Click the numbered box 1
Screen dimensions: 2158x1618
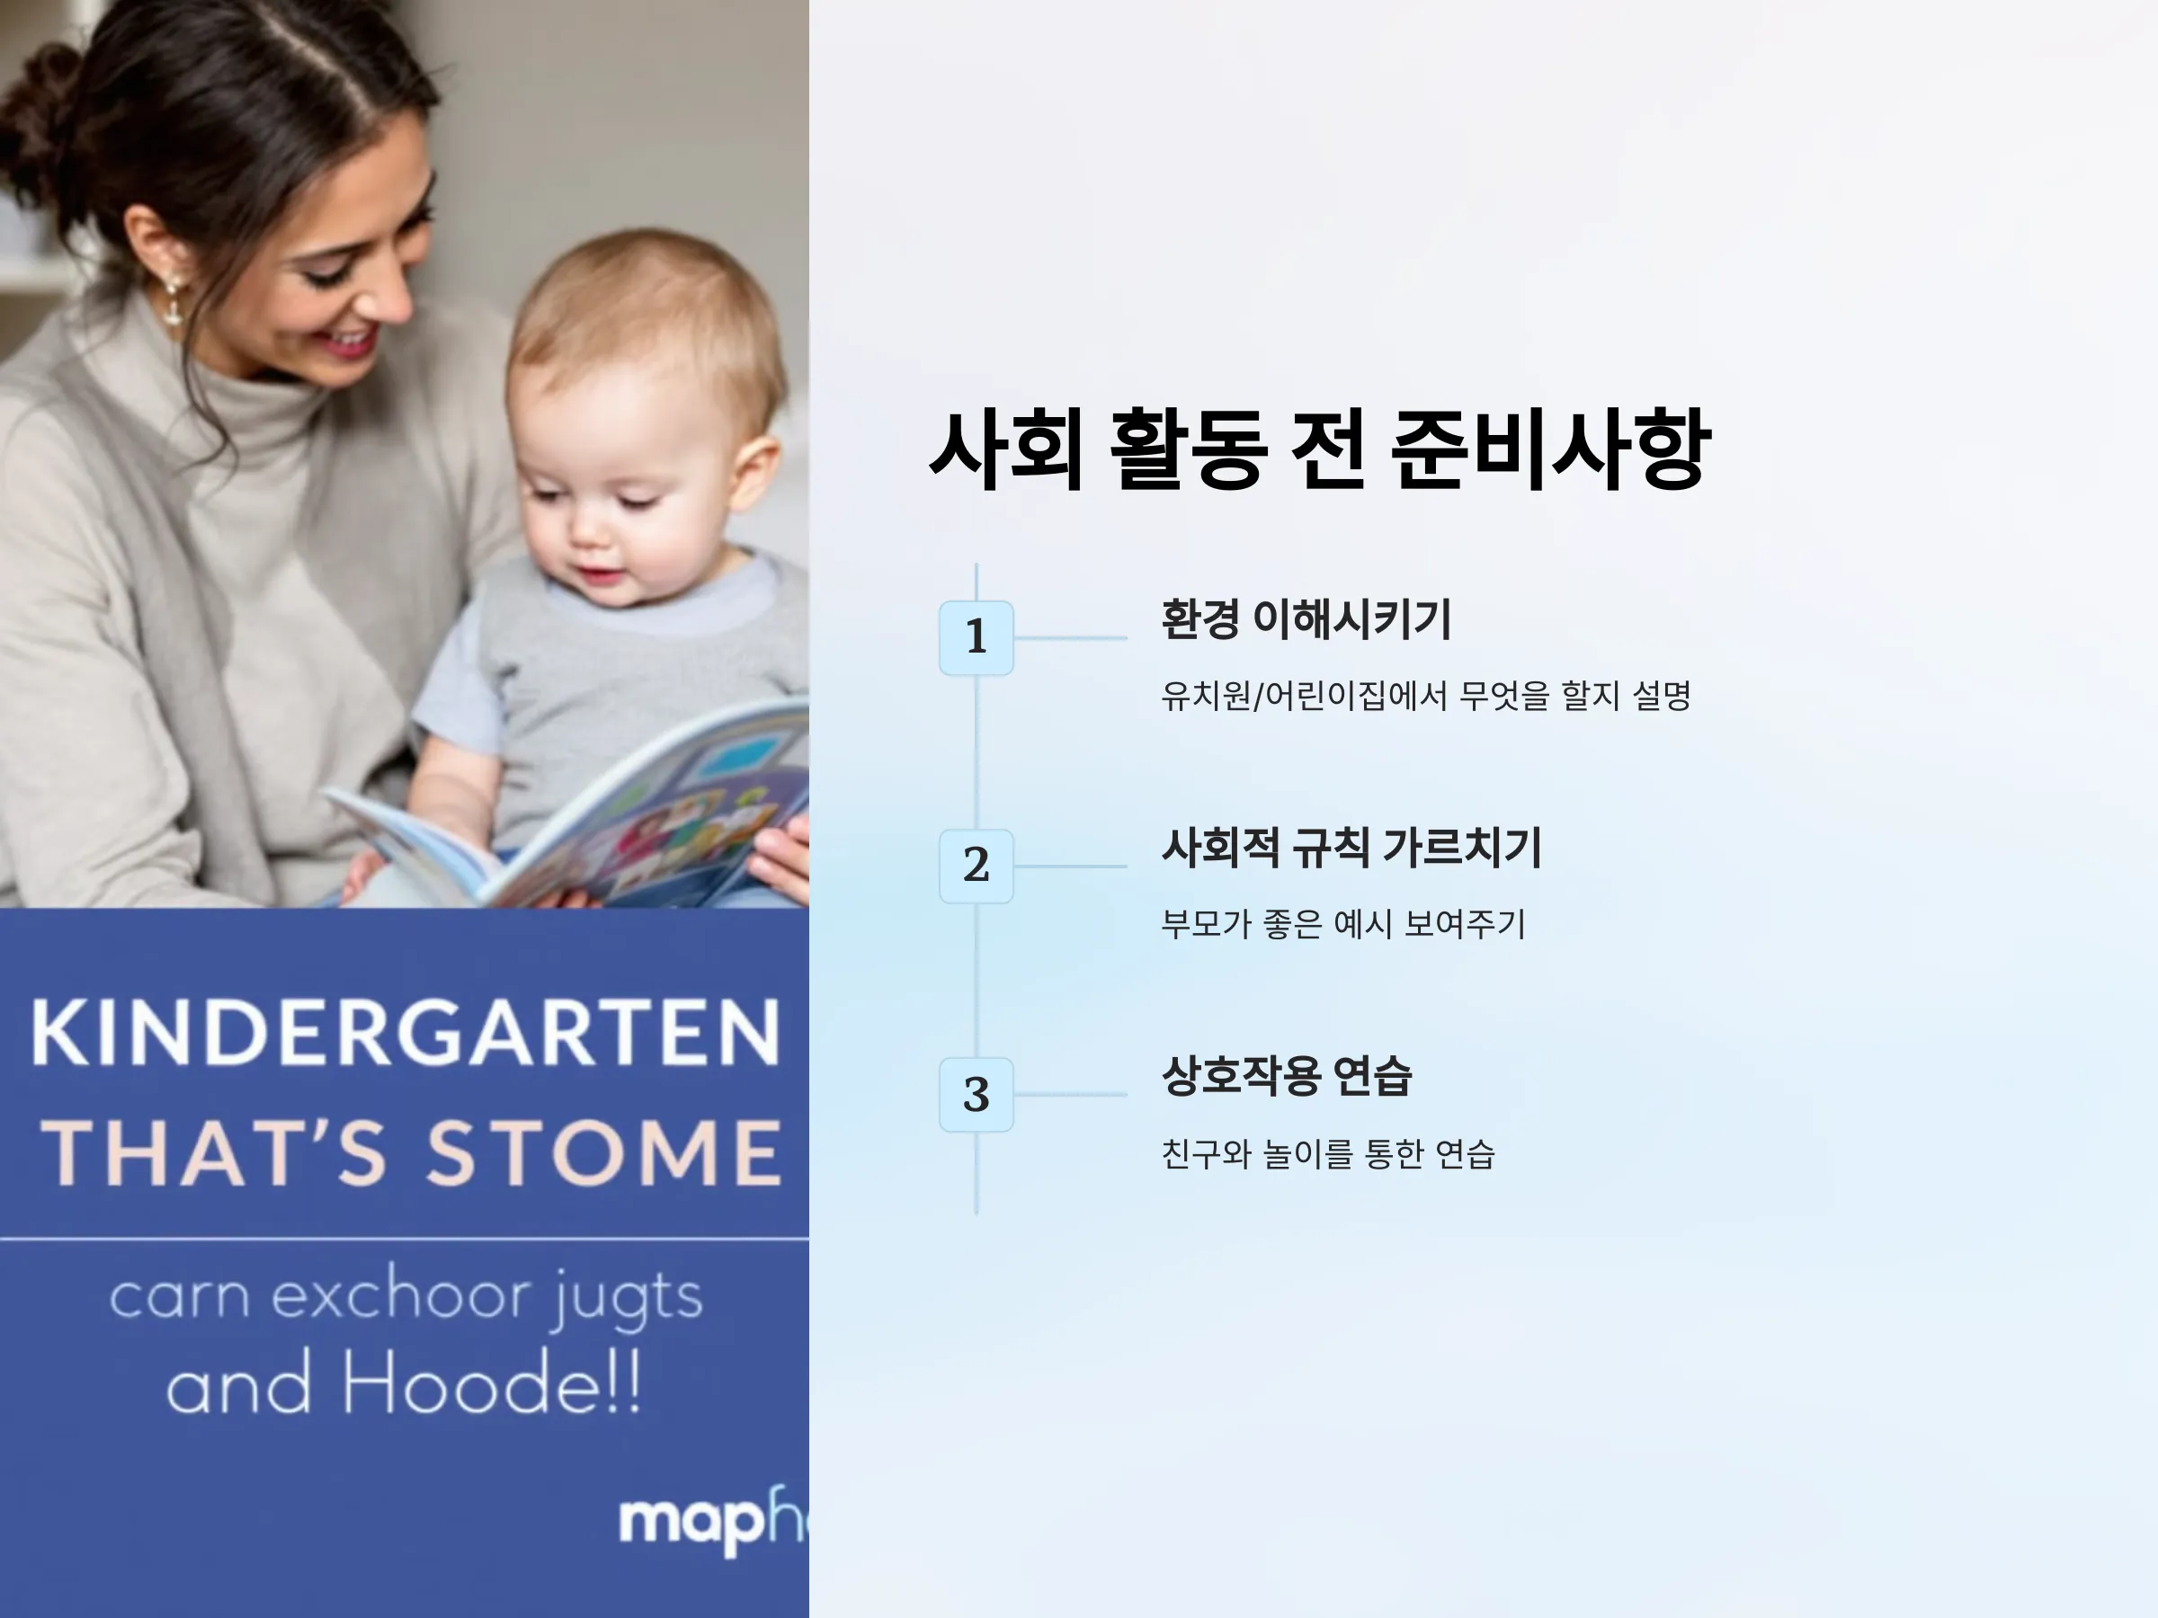976,638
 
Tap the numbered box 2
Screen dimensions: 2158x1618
976,866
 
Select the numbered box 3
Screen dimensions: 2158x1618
976,1094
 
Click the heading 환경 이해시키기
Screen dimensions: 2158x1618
1306,619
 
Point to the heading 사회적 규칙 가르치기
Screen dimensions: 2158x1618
1351,848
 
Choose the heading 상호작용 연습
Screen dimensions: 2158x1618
1286,1076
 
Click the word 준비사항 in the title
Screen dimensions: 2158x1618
1551,449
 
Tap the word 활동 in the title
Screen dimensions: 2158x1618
1190,449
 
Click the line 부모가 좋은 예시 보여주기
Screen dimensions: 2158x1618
1343,923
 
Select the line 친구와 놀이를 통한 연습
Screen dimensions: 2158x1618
1328,1154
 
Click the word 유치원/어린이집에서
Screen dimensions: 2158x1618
1305,697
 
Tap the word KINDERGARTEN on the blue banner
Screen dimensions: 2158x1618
406,1032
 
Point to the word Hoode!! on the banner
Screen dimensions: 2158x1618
492,1383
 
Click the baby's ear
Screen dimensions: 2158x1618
755,474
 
